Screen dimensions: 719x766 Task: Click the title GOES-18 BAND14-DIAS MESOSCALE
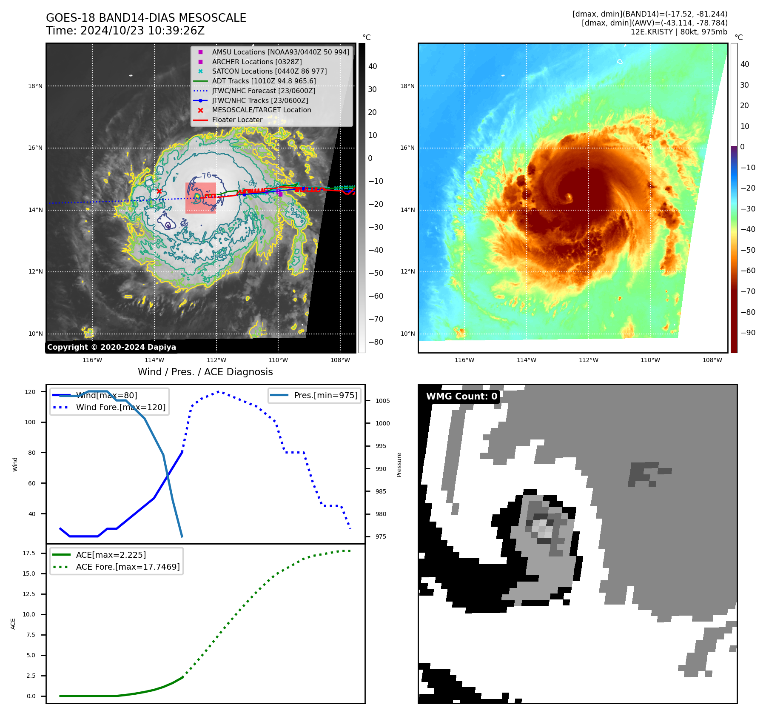[x=146, y=18]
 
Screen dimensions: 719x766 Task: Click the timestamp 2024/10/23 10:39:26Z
[x=142, y=31]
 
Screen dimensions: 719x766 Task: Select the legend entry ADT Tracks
[x=264, y=81]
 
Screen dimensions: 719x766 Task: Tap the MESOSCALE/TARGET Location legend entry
[x=261, y=110]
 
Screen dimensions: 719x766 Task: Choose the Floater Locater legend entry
[x=237, y=120]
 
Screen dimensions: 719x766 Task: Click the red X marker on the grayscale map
[x=159, y=191]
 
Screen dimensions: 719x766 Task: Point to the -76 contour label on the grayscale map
[x=206, y=175]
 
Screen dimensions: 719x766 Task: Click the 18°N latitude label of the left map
[x=35, y=86]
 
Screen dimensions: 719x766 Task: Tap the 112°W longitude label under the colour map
[x=588, y=360]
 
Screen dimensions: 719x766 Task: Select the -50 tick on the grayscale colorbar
[x=376, y=273]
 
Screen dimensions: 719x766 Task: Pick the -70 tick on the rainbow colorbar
[x=748, y=291]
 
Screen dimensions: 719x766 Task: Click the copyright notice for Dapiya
[x=111, y=347]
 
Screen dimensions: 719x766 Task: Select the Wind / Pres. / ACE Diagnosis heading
[x=205, y=372]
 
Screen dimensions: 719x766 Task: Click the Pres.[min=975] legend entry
[x=325, y=395]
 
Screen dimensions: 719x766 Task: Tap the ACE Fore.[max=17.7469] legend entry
[x=128, y=567]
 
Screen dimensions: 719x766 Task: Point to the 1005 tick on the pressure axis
[x=382, y=401]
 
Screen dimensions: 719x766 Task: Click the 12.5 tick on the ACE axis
[x=28, y=594]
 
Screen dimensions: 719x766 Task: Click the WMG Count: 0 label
[x=461, y=397]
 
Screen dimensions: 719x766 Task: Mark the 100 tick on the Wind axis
[x=30, y=422]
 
